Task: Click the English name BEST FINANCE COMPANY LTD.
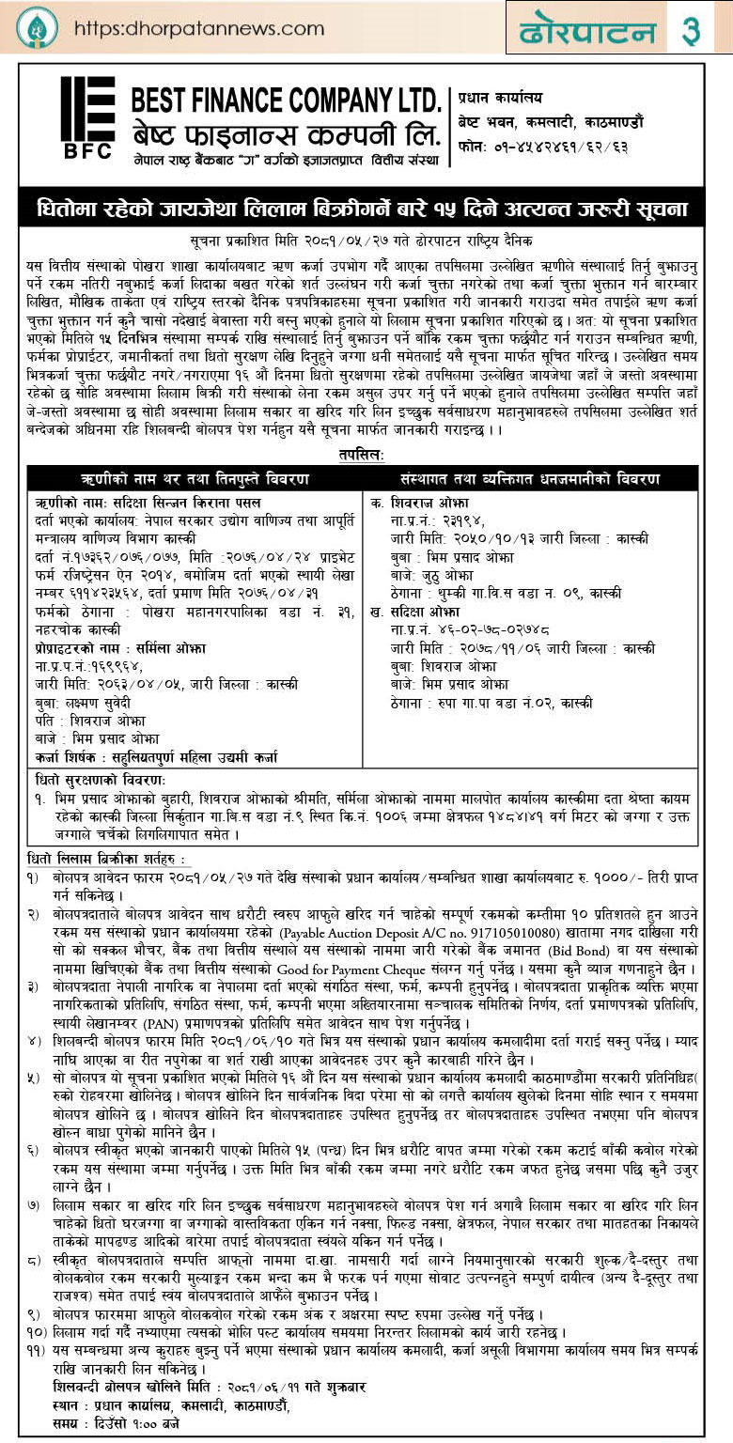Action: pos(286,98)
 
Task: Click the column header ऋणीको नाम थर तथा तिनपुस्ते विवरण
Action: pos(195,478)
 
